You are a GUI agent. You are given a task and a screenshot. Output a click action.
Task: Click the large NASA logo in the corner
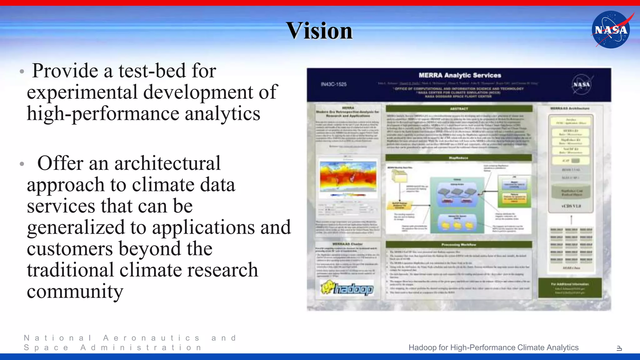[x=611, y=30]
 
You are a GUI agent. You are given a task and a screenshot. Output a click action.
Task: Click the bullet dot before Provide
[x=22, y=72]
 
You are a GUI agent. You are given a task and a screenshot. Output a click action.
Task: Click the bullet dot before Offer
[x=22, y=164]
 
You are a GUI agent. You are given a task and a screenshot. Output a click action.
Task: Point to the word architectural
[x=167, y=163]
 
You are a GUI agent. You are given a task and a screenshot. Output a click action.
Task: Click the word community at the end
[x=75, y=291]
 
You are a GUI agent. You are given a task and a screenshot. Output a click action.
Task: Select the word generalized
[x=76, y=227]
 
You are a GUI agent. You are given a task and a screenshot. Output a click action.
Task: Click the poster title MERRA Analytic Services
[x=460, y=75]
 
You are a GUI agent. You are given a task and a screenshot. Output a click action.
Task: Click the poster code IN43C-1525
[x=333, y=84]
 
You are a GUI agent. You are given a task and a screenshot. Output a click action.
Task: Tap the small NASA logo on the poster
[x=581, y=84]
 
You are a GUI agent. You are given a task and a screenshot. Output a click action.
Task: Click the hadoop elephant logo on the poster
[x=347, y=288]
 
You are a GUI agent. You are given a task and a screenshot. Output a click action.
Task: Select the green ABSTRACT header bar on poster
[x=459, y=109]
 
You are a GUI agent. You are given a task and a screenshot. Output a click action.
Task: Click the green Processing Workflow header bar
[x=459, y=245]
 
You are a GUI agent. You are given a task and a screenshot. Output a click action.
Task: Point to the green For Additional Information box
[x=570, y=288]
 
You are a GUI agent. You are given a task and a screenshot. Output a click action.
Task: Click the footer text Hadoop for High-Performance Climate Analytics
[x=493, y=347]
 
